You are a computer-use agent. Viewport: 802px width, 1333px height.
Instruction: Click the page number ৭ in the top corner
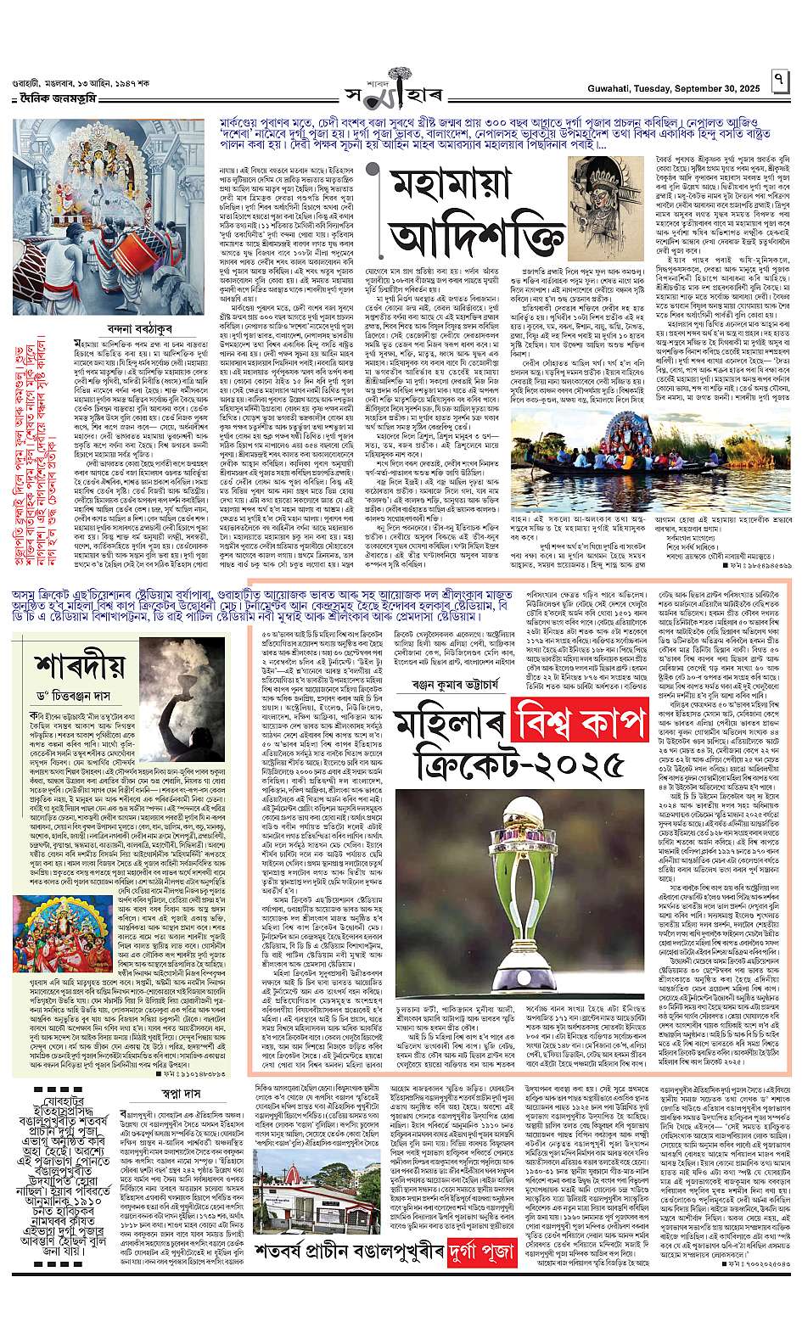tap(778, 81)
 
